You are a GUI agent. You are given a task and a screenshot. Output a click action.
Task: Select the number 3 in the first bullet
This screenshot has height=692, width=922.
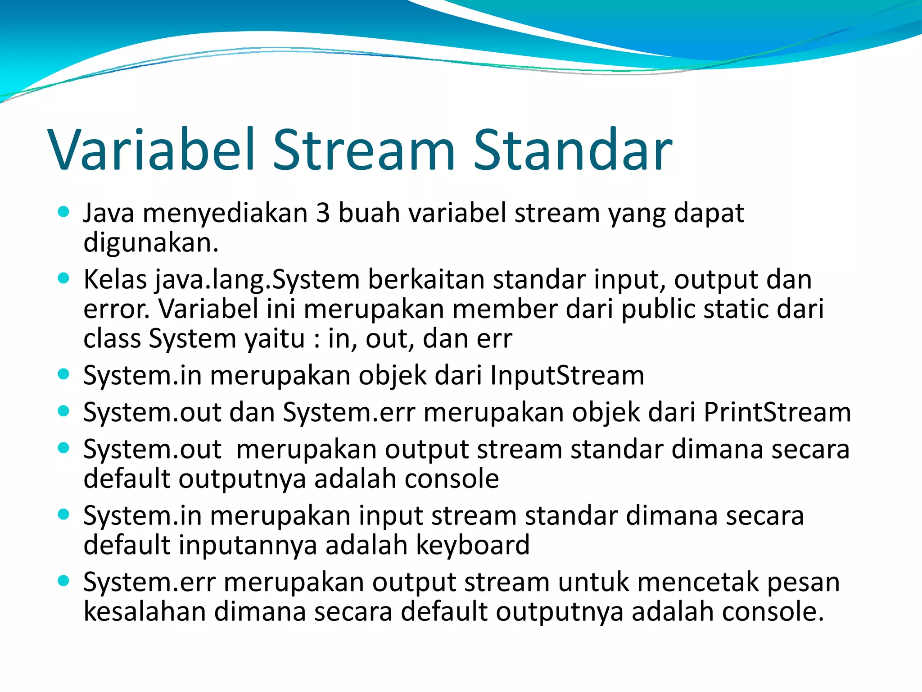(x=323, y=213)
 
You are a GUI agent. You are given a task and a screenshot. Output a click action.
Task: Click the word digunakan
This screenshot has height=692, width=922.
(x=151, y=243)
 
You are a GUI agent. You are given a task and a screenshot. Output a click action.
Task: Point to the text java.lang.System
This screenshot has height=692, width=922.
(x=258, y=280)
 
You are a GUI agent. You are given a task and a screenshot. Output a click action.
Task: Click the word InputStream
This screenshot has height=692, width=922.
(x=567, y=375)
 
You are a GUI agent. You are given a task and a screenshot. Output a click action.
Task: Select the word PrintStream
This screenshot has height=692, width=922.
(x=777, y=412)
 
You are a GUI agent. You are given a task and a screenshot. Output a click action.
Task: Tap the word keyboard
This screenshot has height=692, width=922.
(x=472, y=545)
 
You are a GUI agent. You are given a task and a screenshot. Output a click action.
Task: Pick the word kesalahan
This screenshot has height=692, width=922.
(x=145, y=612)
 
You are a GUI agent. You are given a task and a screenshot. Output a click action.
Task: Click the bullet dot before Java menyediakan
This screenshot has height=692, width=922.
(x=64, y=212)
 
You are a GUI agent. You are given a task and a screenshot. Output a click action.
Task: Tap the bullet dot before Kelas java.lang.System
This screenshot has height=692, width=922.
(x=64, y=278)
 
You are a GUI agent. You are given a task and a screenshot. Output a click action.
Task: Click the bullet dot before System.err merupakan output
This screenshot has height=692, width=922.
(x=64, y=581)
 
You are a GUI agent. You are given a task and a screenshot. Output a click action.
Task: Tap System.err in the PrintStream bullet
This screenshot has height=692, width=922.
(x=349, y=412)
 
